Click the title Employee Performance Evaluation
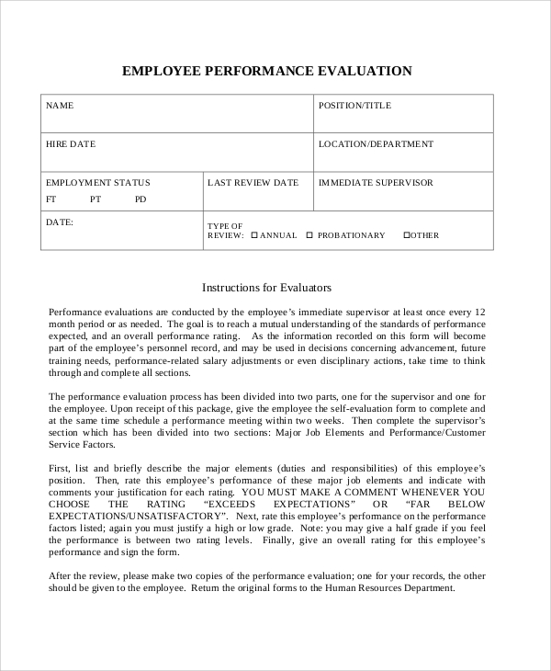[x=267, y=71]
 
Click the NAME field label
[x=60, y=106]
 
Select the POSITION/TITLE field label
[x=354, y=106]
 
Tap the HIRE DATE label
[x=71, y=144]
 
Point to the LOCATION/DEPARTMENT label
[x=376, y=144]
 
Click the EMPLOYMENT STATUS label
[x=98, y=183]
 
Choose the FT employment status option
[x=51, y=199]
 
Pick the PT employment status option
[x=96, y=199]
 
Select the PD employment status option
[x=140, y=199]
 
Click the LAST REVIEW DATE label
[x=253, y=183]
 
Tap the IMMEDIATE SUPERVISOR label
[x=376, y=183]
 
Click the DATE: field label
[x=60, y=222]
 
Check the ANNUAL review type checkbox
[x=254, y=235]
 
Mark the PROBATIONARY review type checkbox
[x=310, y=235]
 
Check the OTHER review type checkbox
[x=407, y=235]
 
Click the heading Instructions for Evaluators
[x=266, y=288]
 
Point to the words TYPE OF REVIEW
[x=225, y=230]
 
